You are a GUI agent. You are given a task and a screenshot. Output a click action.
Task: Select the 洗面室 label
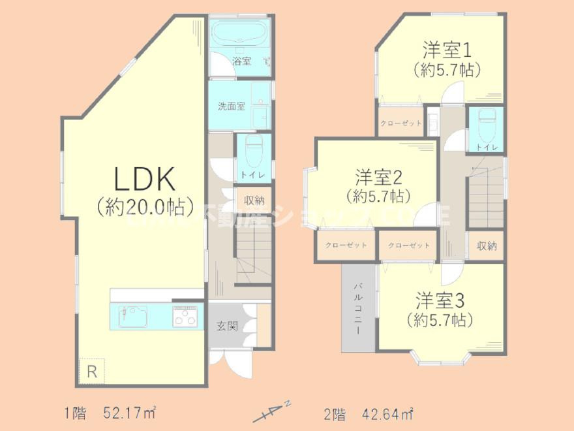231,106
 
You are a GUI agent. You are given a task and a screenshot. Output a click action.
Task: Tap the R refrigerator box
92,372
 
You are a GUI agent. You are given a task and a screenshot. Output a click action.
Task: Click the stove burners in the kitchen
185,318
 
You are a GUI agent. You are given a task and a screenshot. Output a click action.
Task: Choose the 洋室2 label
378,176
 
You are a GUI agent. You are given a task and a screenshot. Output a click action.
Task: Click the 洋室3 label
440,300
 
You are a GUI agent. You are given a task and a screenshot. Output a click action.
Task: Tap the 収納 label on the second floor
487,246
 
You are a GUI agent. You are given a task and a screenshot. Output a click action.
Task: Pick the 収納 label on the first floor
254,200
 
